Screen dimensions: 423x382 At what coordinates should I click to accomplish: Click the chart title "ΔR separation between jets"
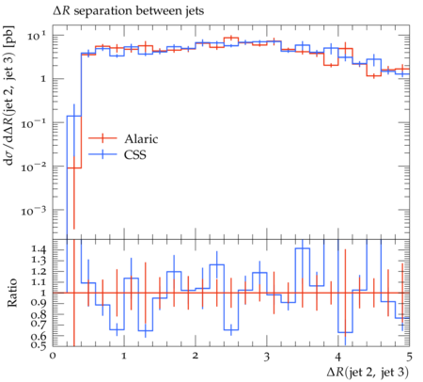coord(128,11)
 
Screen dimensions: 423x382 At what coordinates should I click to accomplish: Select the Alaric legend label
coord(141,138)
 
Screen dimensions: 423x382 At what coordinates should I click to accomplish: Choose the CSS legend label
coord(135,154)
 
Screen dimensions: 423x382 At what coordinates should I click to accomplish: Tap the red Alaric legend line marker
coord(102,138)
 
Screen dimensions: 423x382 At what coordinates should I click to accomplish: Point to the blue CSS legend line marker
coord(102,154)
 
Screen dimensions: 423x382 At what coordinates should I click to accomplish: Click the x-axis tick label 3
coord(267,357)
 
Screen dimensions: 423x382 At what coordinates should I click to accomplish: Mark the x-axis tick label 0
coord(53,356)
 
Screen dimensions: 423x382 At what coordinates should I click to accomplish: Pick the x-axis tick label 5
coord(409,357)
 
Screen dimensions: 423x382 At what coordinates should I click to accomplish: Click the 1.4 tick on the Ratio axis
coord(39,249)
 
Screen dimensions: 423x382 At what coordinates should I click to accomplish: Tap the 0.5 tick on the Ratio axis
coord(39,345)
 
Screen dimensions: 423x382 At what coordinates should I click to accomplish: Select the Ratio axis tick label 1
coord(44,293)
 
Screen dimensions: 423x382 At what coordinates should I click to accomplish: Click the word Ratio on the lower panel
coord(12,293)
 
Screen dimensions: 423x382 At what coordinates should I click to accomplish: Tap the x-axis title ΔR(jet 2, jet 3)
coord(368,372)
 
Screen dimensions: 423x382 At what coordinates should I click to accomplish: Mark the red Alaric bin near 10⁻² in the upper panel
coord(74,168)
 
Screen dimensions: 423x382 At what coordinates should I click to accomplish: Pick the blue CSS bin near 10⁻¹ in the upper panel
coord(74,116)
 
